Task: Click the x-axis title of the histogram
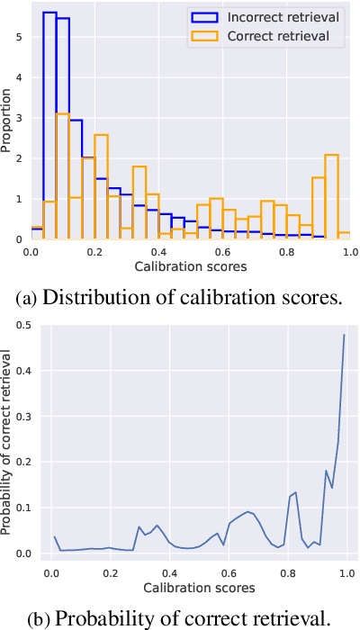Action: pyautogui.click(x=189, y=267)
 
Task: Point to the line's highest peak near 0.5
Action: pyautogui.click(x=344, y=336)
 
